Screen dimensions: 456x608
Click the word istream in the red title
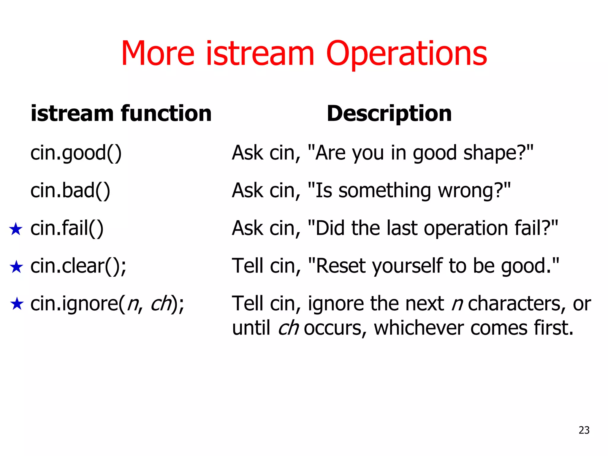[x=260, y=54]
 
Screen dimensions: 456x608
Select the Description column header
[x=389, y=114]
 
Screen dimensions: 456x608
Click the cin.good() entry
[x=76, y=153]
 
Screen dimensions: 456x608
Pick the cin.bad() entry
[x=70, y=191]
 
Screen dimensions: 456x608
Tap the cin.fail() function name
[x=67, y=228]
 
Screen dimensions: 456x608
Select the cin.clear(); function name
[x=78, y=266]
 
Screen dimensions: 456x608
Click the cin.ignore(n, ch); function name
[x=107, y=304]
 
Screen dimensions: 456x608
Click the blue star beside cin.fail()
[x=16, y=229]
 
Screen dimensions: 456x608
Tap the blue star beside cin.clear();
[x=16, y=267]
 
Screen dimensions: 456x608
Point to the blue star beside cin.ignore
[x=17, y=304]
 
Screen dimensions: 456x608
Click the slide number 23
[x=584, y=430]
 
